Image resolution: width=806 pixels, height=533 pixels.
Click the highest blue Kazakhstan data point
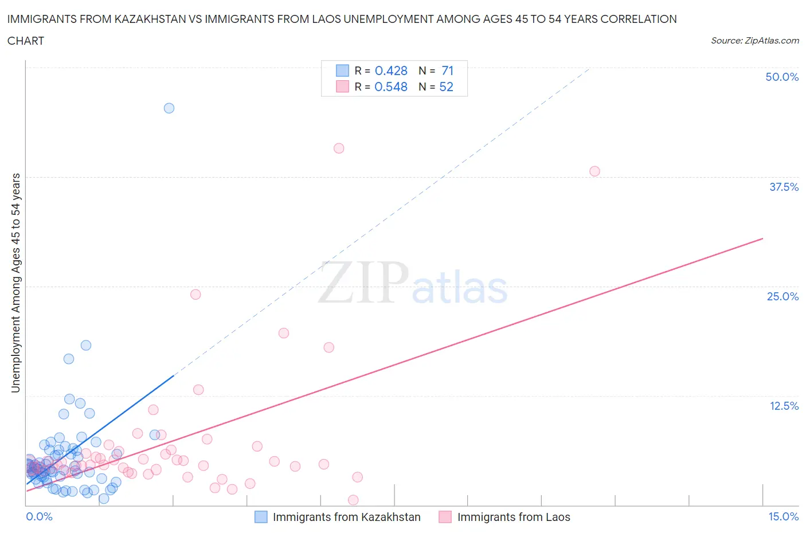(x=169, y=108)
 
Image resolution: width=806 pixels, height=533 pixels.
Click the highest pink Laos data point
(x=339, y=148)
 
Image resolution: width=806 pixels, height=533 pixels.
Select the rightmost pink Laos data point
(x=594, y=171)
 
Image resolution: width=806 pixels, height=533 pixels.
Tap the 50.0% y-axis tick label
(x=782, y=77)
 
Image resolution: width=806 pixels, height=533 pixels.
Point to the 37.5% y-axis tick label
(x=784, y=187)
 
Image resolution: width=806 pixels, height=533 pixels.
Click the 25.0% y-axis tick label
(x=782, y=296)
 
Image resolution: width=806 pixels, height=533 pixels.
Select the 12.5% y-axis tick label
(x=784, y=406)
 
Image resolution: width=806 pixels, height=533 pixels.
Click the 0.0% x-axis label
(x=40, y=516)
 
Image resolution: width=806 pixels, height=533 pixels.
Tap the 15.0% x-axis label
(x=783, y=516)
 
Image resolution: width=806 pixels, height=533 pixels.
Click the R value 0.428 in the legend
(x=391, y=70)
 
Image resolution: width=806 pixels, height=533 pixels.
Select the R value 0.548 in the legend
(x=391, y=87)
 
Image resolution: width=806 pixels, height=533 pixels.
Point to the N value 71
(x=447, y=70)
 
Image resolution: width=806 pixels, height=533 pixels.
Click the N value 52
(x=446, y=87)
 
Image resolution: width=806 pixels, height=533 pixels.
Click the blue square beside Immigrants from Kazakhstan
(x=261, y=517)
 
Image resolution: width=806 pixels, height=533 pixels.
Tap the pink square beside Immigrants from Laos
(x=445, y=517)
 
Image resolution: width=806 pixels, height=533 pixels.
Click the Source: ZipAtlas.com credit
(x=754, y=40)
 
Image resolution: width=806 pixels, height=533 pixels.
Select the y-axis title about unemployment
(x=16, y=283)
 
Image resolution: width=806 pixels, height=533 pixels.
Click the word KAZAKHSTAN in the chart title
(x=151, y=19)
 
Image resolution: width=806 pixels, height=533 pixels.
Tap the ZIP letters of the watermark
(x=363, y=282)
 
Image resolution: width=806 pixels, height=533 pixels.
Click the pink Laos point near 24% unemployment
(x=195, y=295)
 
